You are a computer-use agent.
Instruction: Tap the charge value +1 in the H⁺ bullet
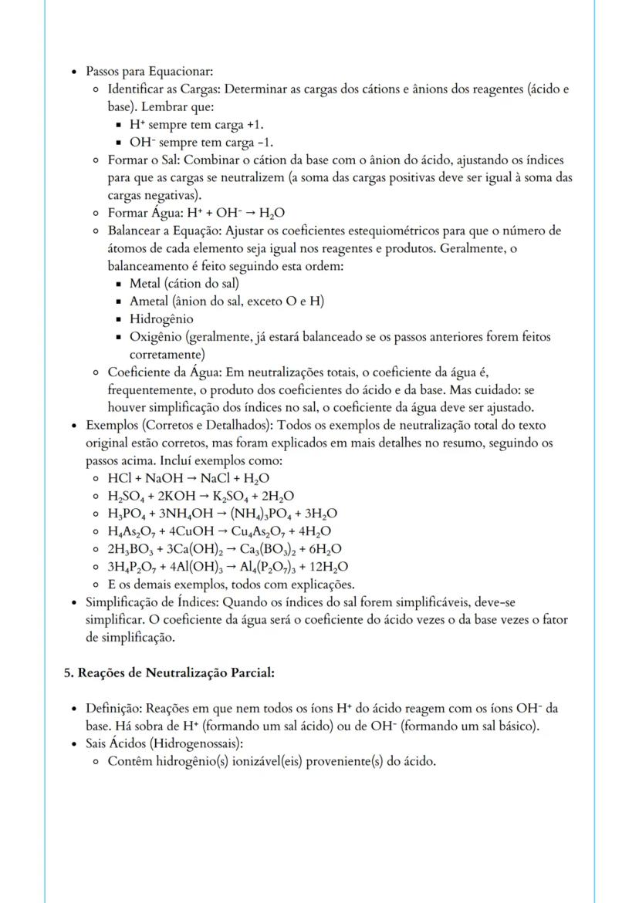(262, 124)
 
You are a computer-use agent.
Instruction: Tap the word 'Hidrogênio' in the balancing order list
(161, 318)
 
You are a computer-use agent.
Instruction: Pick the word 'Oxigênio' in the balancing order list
(157, 337)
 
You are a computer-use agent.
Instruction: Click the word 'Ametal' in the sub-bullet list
(150, 301)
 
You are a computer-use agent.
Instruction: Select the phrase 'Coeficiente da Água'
(163, 372)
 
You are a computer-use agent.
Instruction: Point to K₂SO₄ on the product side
(242, 496)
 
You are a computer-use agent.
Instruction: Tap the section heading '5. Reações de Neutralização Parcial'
(169, 672)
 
